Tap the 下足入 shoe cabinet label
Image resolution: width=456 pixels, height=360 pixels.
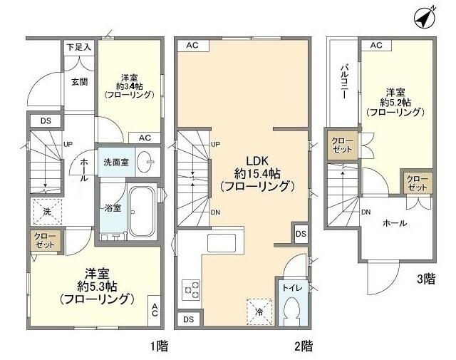pyautogui.click(x=79, y=47)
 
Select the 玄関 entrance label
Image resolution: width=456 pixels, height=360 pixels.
pyautogui.click(x=79, y=81)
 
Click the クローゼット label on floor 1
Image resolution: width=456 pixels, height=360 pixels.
pyautogui.click(x=43, y=240)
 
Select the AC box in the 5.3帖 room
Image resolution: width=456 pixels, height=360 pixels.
pyautogui.click(x=155, y=310)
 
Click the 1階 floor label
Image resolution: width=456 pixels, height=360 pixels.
pyautogui.click(x=158, y=346)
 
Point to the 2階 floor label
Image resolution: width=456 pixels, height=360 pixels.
pyautogui.click(x=303, y=346)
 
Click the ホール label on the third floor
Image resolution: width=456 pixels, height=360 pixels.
pyautogui.click(x=395, y=223)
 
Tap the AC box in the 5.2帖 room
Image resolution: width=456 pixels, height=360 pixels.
pyautogui.click(x=377, y=46)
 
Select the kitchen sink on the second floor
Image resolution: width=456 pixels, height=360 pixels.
pyautogui.click(x=224, y=242)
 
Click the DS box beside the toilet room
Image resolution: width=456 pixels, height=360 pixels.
pyautogui.click(x=301, y=233)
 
